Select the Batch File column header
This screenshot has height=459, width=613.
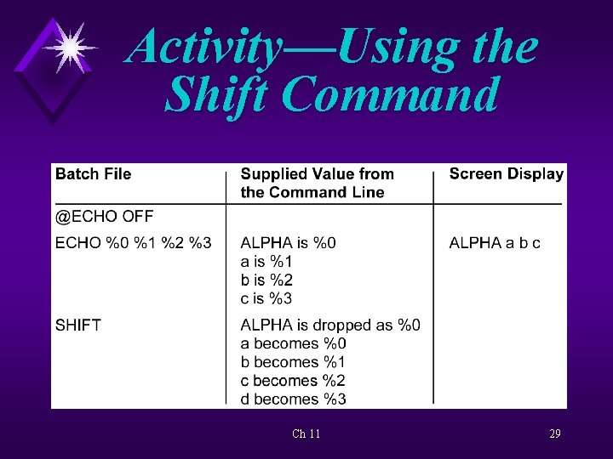94,174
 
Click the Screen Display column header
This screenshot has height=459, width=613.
506,174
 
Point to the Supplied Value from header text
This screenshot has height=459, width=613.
317,174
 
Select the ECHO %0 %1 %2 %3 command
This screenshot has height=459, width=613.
133,243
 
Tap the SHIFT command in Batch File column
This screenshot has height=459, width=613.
78,325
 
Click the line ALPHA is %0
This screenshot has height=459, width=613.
288,243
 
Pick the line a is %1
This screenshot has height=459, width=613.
266,262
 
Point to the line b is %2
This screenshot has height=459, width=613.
266,280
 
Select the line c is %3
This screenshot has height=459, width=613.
266,298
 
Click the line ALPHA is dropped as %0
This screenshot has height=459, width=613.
330,325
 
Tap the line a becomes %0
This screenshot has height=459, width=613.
293,343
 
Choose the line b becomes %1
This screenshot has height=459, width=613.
293,362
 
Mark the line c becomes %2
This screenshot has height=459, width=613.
293,380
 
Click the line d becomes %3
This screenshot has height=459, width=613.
293,399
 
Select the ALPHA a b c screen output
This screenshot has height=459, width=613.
495,243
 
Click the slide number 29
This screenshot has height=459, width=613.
555,433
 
